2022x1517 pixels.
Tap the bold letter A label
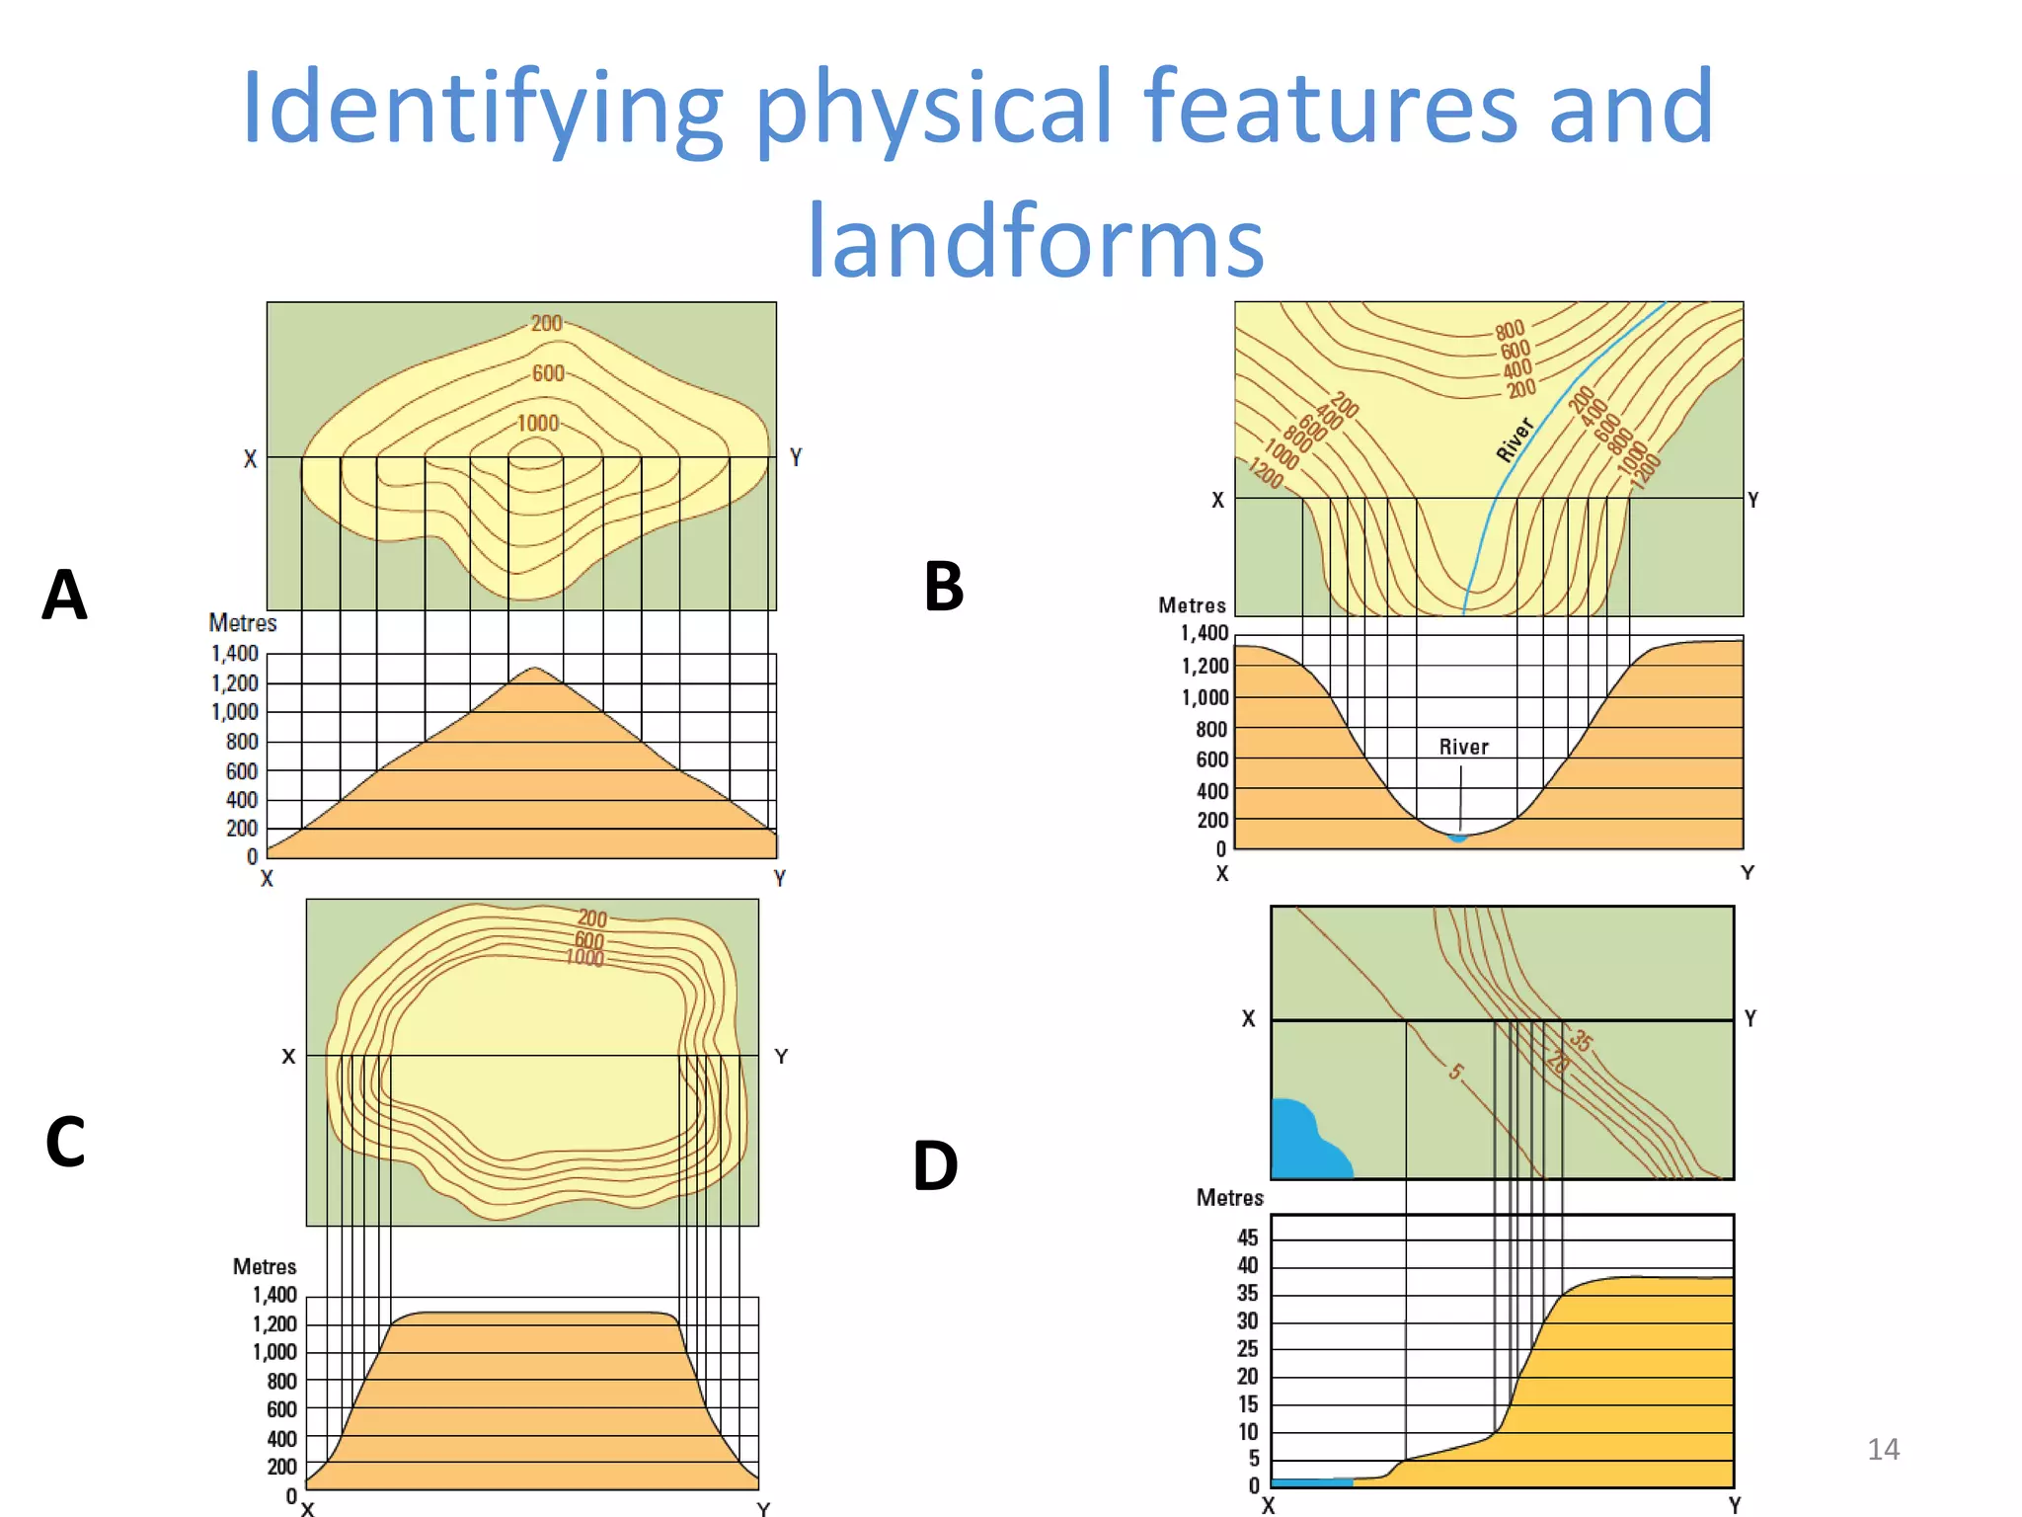pyautogui.click(x=65, y=596)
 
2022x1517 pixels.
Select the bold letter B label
pyautogui.click(x=943, y=587)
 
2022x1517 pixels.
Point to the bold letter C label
pyautogui.click(x=65, y=1142)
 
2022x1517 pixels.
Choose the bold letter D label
pyautogui.click(x=935, y=1166)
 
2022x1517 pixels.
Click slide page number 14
pyautogui.click(x=1883, y=1449)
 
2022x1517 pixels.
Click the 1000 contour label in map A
pyautogui.click(x=538, y=424)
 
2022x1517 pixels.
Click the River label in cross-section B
pyautogui.click(x=1463, y=748)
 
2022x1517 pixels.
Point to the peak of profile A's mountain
pyautogui.click(x=534, y=670)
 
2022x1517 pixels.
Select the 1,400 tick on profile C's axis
pyautogui.click(x=274, y=1295)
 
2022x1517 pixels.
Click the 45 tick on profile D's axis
pyautogui.click(x=1248, y=1238)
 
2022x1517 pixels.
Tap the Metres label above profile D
pyautogui.click(x=1229, y=1198)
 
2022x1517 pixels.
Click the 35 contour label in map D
pyautogui.click(x=1581, y=1040)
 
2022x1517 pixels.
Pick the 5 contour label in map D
pyautogui.click(x=1456, y=1072)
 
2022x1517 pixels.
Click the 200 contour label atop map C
pyautogui.click(x=592, y=918)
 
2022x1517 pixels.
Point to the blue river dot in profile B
pyautogui.click(x=1458, y=838)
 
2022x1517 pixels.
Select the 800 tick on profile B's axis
pyautogui.click(x=1211, y=730)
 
